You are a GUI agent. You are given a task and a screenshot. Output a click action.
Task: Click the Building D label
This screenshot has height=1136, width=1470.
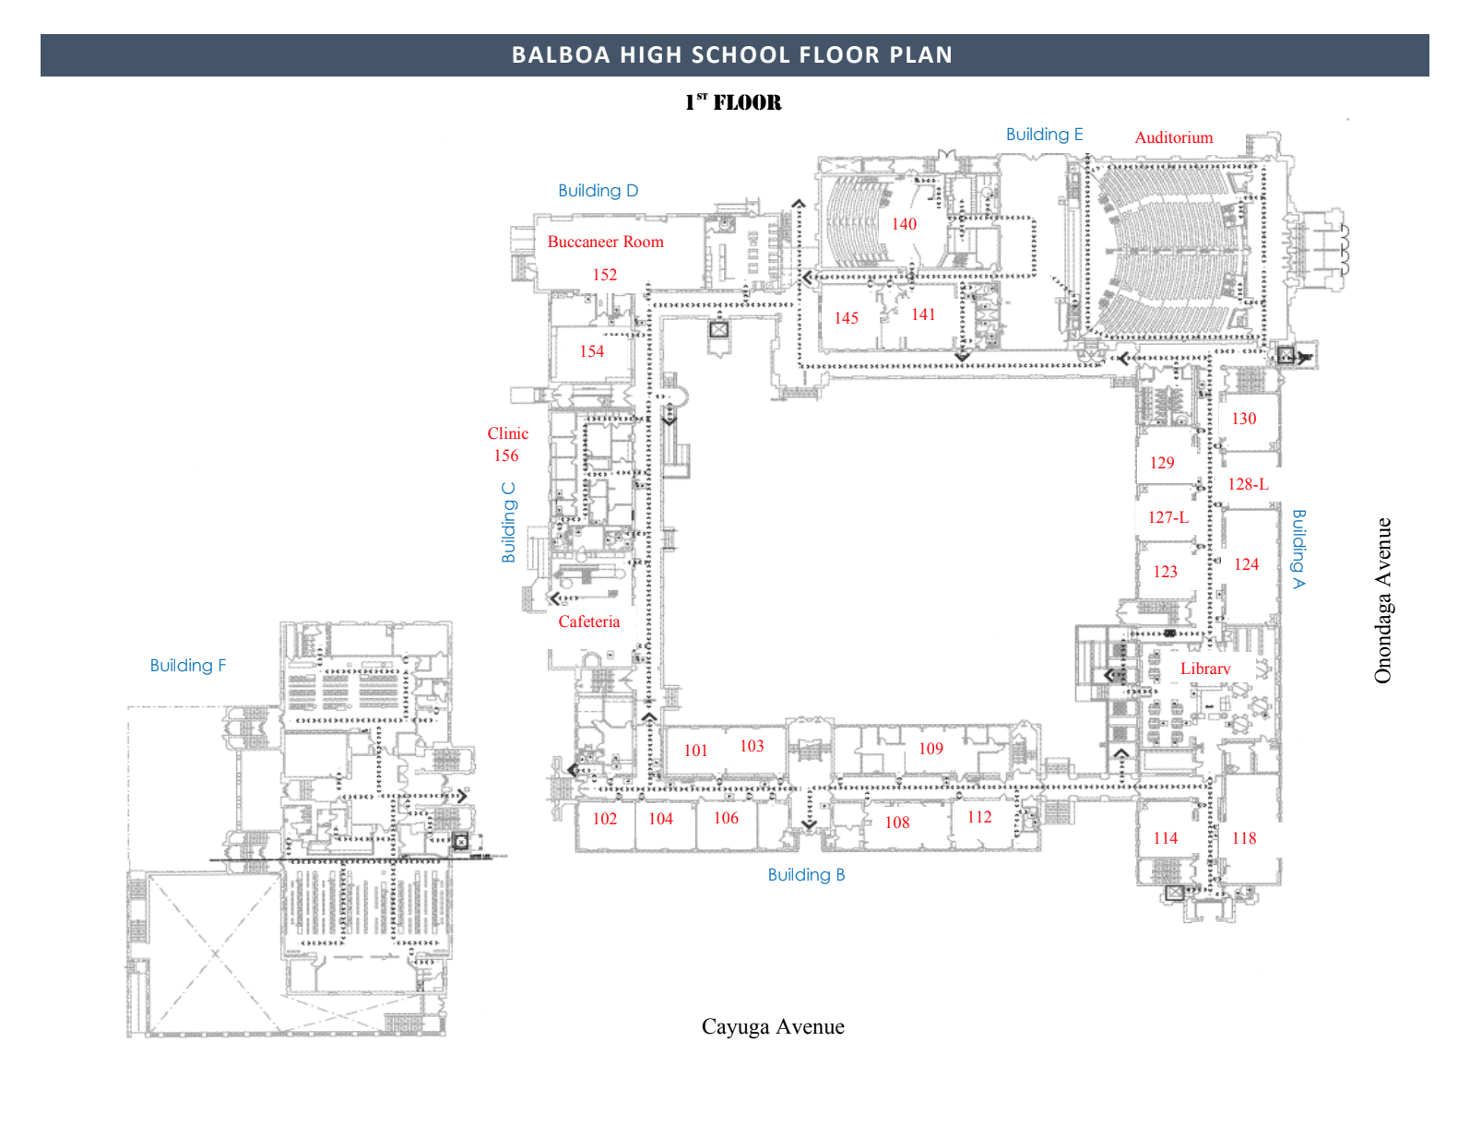598,191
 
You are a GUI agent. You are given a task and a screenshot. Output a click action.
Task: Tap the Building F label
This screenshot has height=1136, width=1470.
187,666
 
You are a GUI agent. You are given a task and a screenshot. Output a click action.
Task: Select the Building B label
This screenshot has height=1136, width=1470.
806,875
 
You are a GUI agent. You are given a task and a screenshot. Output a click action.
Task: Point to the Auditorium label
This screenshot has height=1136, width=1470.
1173,137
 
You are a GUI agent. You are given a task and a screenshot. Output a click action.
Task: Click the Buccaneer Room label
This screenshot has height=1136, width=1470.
605,242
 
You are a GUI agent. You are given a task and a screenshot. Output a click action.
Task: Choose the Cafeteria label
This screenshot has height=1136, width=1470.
588,621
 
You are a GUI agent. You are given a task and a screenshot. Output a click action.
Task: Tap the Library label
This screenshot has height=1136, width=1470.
1204,669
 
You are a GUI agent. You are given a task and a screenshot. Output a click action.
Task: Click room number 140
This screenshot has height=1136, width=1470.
904,224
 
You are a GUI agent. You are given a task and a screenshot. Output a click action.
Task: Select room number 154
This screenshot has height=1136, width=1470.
591,351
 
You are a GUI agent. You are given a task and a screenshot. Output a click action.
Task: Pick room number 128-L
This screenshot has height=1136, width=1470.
1248,484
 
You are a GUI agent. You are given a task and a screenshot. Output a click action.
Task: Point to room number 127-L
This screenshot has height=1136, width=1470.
1168,517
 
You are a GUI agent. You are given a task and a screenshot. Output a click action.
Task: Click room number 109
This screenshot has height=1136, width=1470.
931,749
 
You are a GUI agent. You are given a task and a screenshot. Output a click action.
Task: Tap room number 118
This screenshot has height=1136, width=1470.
1244,838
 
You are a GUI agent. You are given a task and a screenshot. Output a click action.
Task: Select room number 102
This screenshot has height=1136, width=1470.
604,819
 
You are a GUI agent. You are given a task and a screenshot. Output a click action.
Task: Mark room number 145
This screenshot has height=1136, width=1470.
846,318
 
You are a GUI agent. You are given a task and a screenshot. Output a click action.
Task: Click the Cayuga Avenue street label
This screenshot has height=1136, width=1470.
773,1026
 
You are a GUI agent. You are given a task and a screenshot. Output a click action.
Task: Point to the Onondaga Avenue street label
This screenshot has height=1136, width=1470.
1382,600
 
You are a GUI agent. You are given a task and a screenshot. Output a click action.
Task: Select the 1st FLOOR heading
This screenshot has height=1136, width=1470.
733,102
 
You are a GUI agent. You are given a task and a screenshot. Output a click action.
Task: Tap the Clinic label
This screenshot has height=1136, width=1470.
507,433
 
